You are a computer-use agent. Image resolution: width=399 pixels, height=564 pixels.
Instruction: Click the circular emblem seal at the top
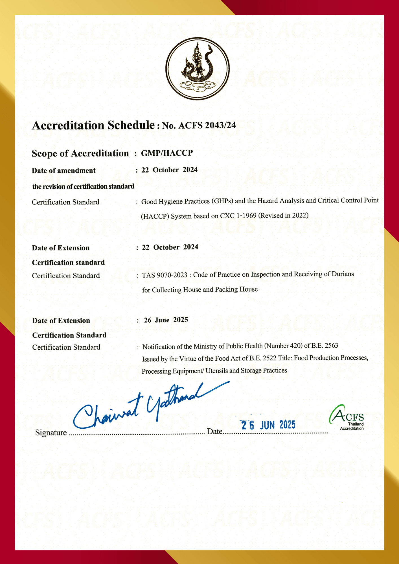tap(198, 69)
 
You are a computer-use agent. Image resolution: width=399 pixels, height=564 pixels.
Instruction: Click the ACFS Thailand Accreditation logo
tap(347, 418)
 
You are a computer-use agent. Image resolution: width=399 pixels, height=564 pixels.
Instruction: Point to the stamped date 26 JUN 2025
tap(268, 425)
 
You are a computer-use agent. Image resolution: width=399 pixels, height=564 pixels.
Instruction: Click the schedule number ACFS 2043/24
tap(207, 125)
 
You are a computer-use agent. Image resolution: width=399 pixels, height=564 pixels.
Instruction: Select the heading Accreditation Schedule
tap(93, 125)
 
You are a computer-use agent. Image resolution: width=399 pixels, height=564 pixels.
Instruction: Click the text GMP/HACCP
tap(167, 153)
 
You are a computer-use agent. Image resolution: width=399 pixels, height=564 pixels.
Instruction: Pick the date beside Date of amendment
tap(170, 170)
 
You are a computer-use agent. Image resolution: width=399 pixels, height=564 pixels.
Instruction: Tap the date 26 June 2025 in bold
tap(166, 320)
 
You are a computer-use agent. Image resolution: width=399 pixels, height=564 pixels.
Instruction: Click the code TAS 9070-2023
tap(165, 275)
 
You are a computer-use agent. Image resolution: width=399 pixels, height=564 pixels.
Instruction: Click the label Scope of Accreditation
tap(80, 153)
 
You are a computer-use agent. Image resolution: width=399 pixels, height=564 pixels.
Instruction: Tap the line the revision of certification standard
tap(83, 186)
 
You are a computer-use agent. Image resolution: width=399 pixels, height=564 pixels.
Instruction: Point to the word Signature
tap(51, 433)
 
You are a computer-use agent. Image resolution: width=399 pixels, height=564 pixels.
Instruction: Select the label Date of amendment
tap(63, 171)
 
